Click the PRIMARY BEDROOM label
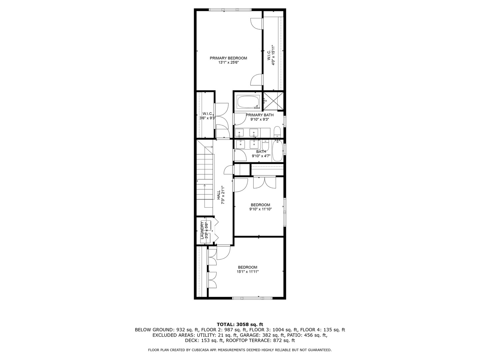point(228,58)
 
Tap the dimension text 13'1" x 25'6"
point(228,63)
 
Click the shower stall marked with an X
point(273,101)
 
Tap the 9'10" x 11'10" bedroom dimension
point(260,209)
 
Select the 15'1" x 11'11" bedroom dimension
point(248,272)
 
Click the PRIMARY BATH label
point(260,115)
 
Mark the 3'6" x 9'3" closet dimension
point(208,118)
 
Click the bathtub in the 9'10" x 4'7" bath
point(278,151)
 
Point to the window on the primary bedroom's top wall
point(230,10)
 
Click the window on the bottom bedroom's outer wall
point(252,298)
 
